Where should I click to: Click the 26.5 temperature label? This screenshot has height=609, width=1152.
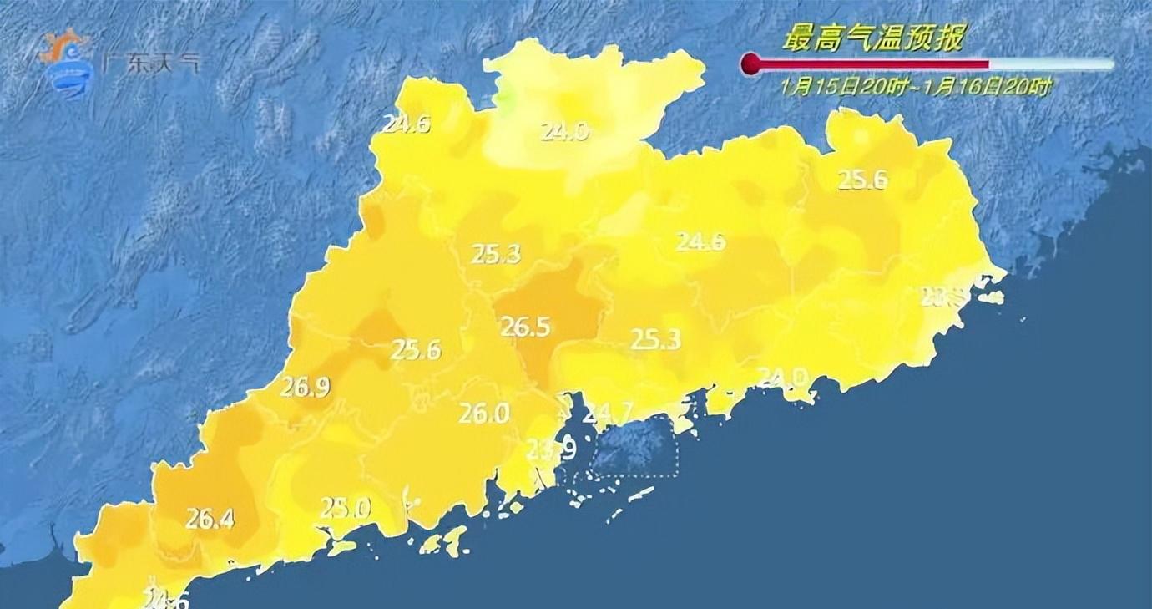point(525,327)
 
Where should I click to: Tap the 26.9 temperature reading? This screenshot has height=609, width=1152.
point(305,387)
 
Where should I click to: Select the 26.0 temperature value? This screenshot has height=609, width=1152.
point(483,413)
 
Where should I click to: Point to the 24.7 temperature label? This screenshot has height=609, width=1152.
point(609,412)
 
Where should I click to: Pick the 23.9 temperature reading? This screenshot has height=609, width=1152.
point(551,451)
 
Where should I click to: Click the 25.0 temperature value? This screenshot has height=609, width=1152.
point(346,507)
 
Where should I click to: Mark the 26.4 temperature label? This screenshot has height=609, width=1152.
point(210,519)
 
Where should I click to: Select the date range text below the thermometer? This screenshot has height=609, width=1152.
point(916,86)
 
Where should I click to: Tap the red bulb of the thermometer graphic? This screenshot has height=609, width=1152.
point(752,63)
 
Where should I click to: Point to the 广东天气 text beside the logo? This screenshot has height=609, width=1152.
point(150,64)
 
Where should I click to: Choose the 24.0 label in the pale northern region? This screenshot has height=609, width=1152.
point(564,131)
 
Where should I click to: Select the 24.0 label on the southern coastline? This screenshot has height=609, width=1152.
point(782,378)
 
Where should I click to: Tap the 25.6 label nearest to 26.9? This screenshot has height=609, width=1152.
point(416,350)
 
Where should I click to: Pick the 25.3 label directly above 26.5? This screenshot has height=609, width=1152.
point(496,254)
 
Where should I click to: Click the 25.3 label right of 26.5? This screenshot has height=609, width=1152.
point(655,339)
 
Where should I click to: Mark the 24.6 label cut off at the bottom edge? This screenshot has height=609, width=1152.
point(167,598)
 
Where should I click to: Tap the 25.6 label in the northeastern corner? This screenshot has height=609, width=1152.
point(862,180)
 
